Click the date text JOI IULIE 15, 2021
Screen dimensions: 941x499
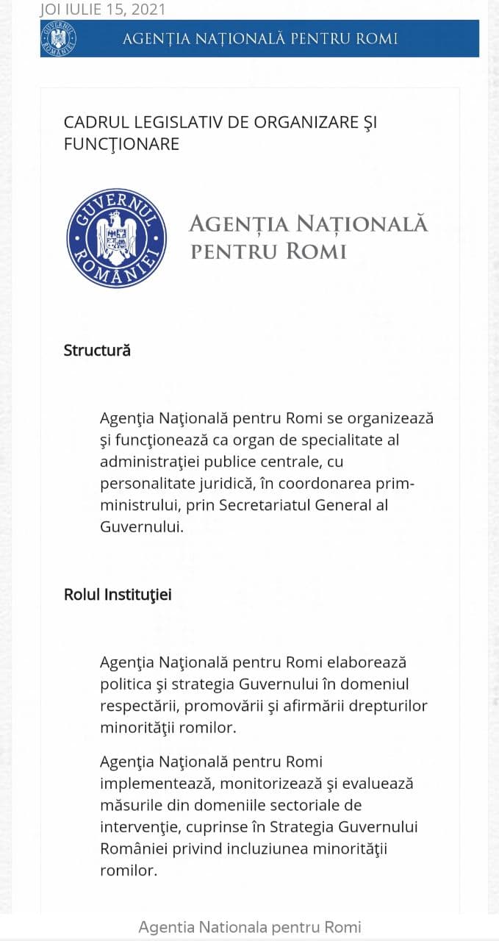[103, 10]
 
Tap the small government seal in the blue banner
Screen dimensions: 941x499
[58, 38]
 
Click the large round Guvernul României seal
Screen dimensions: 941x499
[116, 237]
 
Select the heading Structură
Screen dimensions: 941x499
[97, 350]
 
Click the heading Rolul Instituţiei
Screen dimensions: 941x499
[118, 594]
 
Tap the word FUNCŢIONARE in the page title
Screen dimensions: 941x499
[121, 143]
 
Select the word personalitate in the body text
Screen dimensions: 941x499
[144, 484]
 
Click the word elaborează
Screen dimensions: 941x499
[365, 662]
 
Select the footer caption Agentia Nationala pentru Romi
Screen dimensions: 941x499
[250, 927]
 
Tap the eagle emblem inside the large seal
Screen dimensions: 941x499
[116, 236]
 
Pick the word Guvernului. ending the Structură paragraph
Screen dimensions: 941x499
[141, 527]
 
